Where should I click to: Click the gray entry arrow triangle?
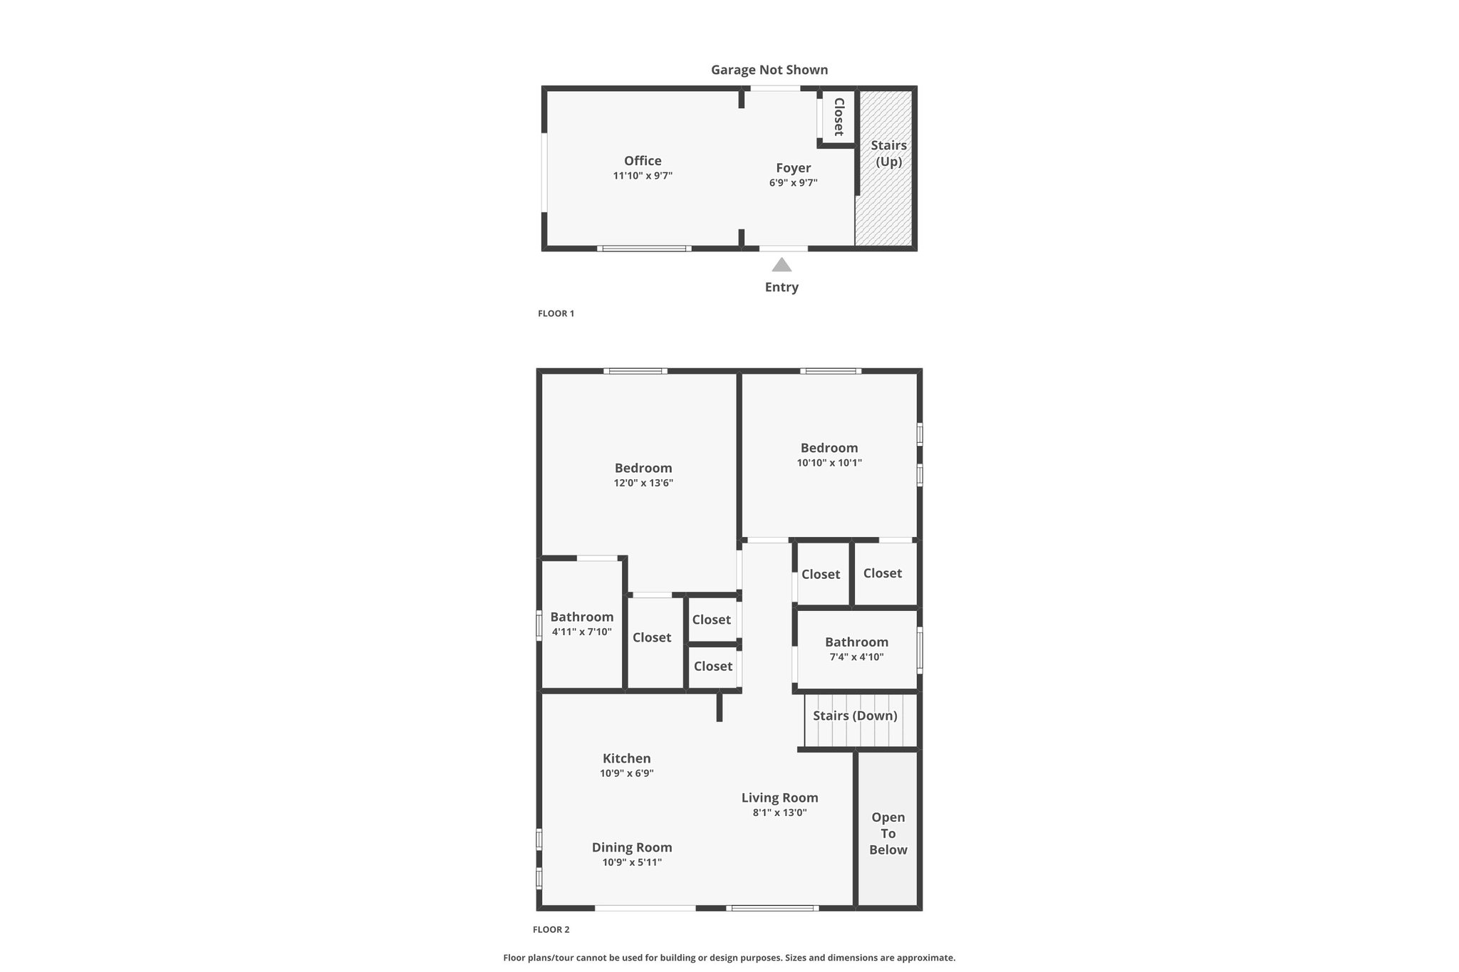click(x=782, y=265)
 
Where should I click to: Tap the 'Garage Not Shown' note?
click(x=769, y=70)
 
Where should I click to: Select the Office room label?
click(x=643, y=161)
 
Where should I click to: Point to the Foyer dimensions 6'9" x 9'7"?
click(x=793, y=183)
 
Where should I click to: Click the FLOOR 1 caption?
click(x=556, y=313)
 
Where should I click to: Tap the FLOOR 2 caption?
click(x=551, y=929)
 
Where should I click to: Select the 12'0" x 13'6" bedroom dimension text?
click(x=643, y=483)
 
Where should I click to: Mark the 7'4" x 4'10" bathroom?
click(x=856, y=649)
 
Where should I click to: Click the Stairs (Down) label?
click(x=855, y=716)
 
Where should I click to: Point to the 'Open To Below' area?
click(x=888, y=829)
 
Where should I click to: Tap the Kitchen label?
click(x=627, y=758)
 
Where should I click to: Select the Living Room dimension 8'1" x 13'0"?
click(x=779, y=812)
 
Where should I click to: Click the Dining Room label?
click(x=632, y=847)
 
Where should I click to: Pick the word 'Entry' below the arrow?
click(x=782, y=287)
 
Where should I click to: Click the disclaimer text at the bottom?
click(x=729, y=958)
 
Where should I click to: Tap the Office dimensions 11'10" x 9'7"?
click(x=643, y=176)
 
